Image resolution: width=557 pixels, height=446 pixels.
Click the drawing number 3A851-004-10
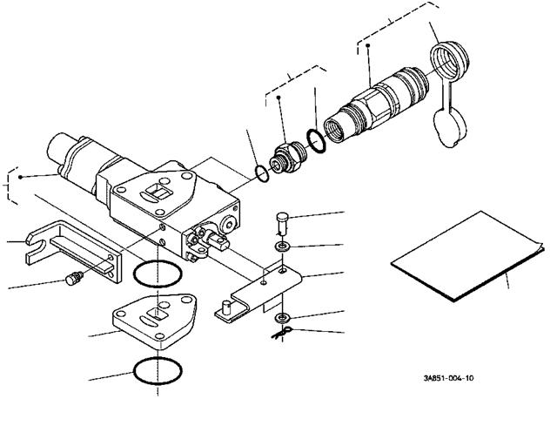[x=448, y=378]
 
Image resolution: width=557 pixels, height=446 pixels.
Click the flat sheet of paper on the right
[x=467, y=257]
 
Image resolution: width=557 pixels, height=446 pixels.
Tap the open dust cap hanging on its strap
[x=449, y=128]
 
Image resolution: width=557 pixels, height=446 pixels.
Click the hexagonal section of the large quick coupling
[x=373, y=105]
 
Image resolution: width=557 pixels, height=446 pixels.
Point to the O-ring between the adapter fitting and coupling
[x=316, y=141]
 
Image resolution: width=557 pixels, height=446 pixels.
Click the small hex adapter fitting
[x=288, y=158]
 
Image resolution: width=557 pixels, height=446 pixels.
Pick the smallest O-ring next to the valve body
[x=262, y=173]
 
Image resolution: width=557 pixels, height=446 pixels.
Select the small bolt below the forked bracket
[x=74, y=277]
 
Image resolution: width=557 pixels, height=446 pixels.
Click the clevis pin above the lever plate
[x=282, y=222]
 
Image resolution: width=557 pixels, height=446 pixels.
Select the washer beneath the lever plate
[x=283, y=317]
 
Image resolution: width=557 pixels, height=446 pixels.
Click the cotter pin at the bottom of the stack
[x=282, y=333]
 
